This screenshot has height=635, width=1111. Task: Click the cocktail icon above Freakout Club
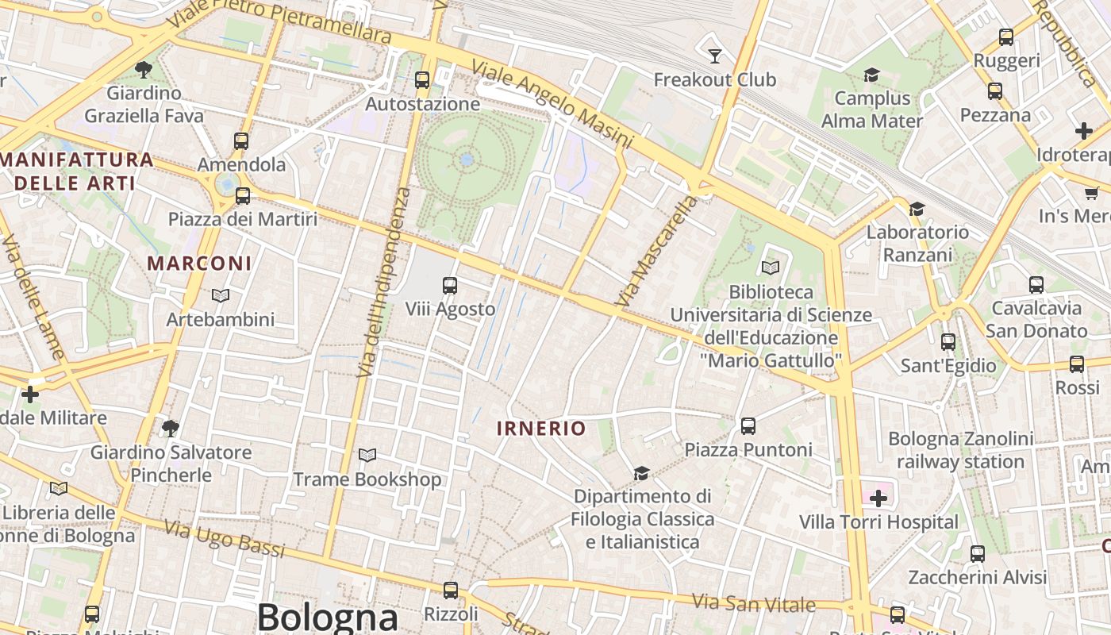click(715, 55)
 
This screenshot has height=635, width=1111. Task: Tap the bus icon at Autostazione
click(422, 79)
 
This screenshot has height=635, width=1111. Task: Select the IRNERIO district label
click(541, 429)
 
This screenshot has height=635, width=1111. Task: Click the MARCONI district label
click(199, 263)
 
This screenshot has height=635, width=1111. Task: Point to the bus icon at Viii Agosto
click(450, 285)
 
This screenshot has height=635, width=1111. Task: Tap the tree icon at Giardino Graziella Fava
click(144, 70)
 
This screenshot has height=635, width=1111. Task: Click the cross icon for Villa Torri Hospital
click(878, 498)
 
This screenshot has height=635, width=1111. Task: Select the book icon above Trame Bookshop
click(367, 455)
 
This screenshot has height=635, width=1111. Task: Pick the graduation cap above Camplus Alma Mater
click(871, 75)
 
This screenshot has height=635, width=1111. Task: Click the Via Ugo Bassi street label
click(224, 538)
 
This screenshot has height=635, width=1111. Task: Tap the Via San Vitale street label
click(753, 603)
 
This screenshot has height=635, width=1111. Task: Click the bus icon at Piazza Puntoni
click(748, 426)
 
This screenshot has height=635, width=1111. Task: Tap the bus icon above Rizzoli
click(451, 591)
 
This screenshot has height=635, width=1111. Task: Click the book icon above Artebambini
click(221, 295)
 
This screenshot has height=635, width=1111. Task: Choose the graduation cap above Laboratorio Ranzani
click(917, 209)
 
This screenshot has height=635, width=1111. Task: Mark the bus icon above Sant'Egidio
click(948, 342)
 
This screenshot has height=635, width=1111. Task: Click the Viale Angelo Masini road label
click(552, 103)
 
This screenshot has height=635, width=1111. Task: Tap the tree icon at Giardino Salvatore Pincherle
click(170, 429)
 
